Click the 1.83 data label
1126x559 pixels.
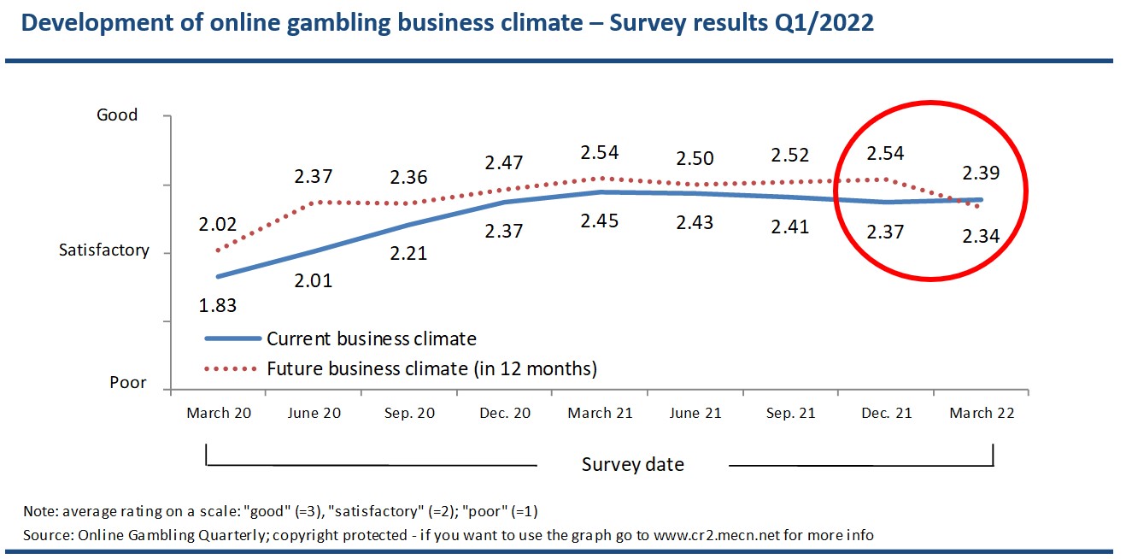click(x=219, y=305)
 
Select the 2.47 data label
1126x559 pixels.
click(x=504, y=162)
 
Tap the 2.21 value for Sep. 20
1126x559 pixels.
click(x=409, y=254)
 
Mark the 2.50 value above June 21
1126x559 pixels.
click(x=695, y=159)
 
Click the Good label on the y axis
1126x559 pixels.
click(x=117, y=115)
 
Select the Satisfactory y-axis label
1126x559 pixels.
click(x=103, y=250)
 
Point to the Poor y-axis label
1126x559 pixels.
click(x=128, y=382)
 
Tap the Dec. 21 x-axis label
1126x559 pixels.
click(x=887, y=413)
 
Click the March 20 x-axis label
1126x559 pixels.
click(x=219, y=413)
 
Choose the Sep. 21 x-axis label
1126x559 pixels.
click(x=790, y=413)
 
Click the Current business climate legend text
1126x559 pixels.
click(x=371, y=338)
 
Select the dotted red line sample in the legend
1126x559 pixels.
click(x=232, y=369)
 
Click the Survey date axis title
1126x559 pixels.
click(x=632, y=465)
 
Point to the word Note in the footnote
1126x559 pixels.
click(x=38, y=511)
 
